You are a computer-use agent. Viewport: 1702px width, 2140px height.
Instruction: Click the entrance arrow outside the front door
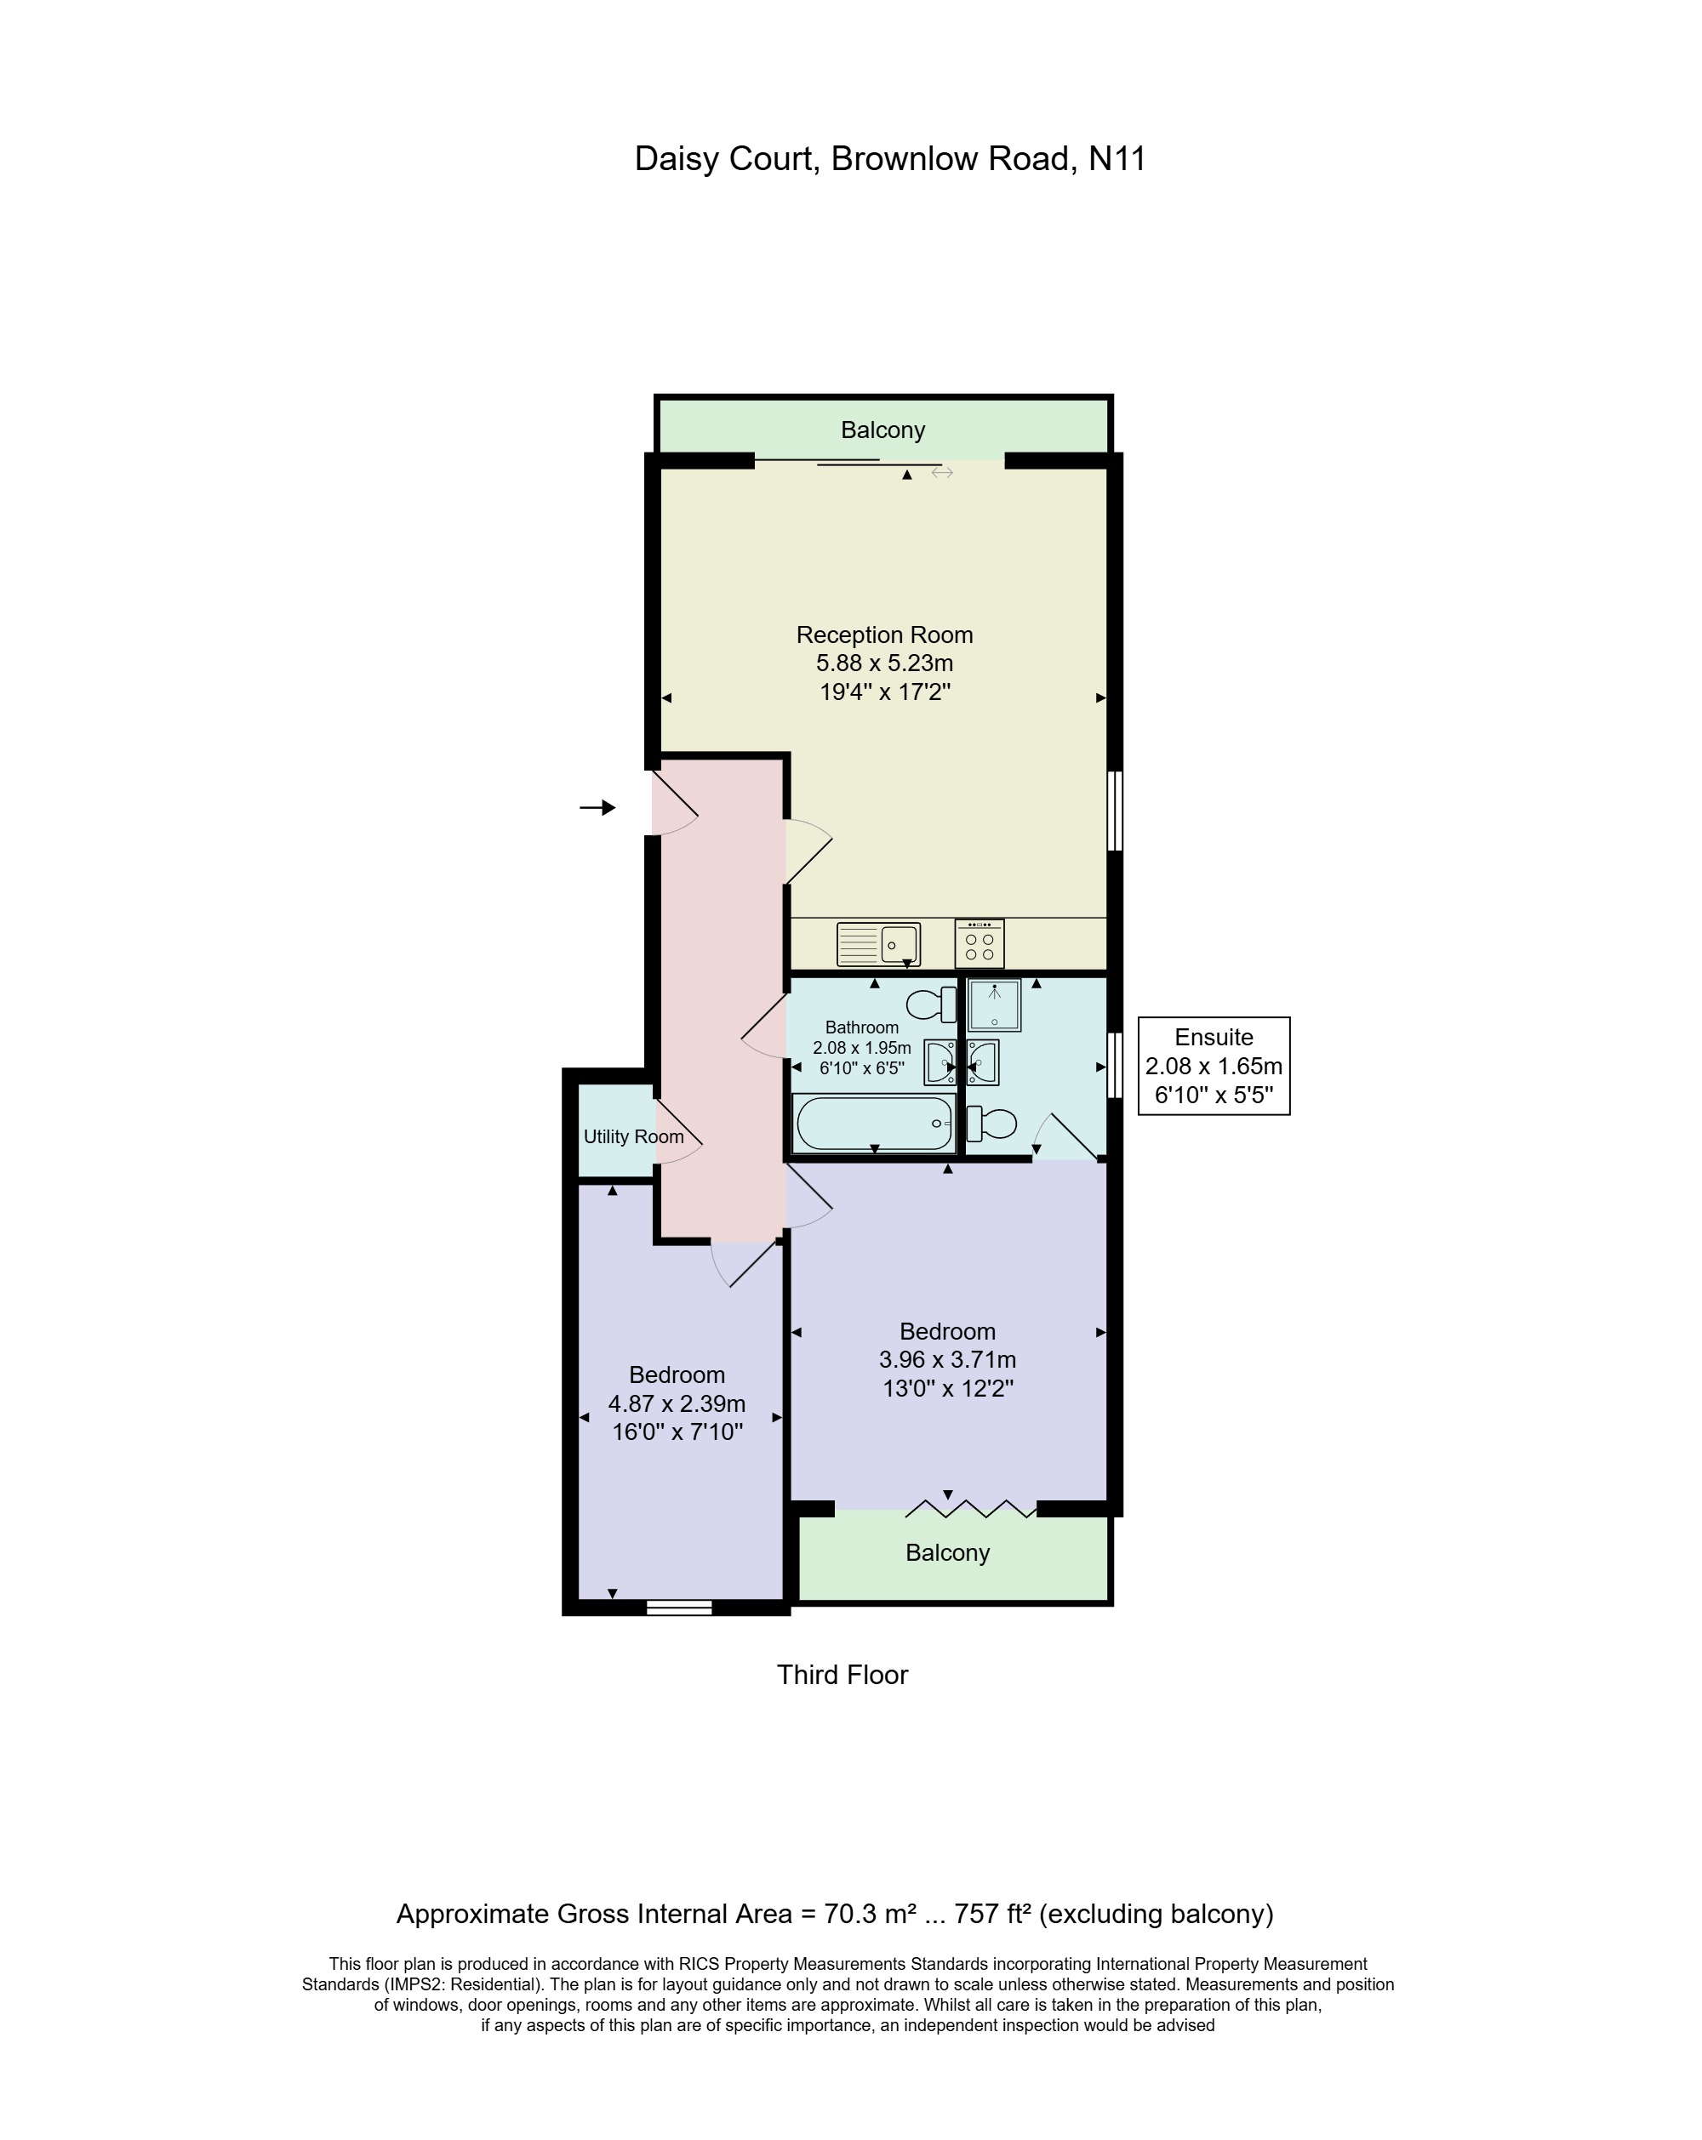pyautogui.click(x=597, y=807)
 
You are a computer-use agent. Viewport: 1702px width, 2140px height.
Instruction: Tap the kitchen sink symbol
pyautogui.click(x=878, y=943)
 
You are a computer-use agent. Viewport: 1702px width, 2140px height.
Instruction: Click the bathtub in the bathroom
pyautogui.click(x=873, y=1122)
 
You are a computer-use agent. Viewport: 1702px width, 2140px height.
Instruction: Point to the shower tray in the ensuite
pyautogui.click(x=993, y=1005)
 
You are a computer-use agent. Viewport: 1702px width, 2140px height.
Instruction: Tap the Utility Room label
pyautogui.click(x=632, y=1136)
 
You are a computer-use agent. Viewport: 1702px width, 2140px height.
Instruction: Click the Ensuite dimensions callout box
pyautogui.click(x=1213, y=1065)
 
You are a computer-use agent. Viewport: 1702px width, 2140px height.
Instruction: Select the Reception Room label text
pyautogui.click(x=884, y=635)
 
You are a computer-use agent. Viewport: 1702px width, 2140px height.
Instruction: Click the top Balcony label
pyautogui.click(x=882, y=430)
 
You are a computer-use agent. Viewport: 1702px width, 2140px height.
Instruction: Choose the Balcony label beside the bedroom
pyautogui.click(x=946, y=1552)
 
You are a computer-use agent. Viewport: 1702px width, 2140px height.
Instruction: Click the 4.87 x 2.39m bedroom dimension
pyautogui.click(x=677, y=1403)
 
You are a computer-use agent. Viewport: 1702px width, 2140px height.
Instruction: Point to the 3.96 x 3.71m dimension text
pyautogui.click(x=946, y=1360)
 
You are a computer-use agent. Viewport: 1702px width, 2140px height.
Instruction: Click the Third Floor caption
pyautogui.click(x=841, y=1675)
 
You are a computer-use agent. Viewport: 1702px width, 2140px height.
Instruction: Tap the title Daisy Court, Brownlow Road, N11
pyautogui.click(x=890, y=159)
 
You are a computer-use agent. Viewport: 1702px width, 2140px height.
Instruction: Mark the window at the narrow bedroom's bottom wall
pyautogui.click(x=678, y=1607)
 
